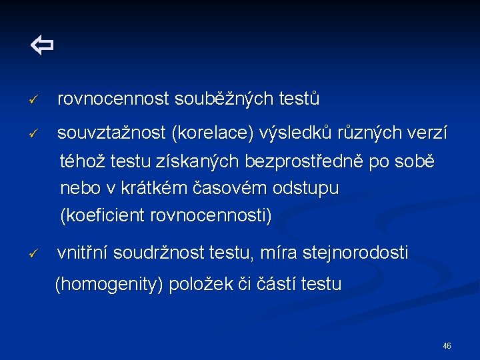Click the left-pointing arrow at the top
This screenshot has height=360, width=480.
pyautogui.click(x=41, y=46)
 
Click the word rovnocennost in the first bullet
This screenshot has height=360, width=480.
pyautogui.click(x=113, y=99)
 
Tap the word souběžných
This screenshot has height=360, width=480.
pyautogui.click(x=223, y=99)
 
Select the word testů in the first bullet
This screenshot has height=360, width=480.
pyautogui.click(x=299, y=99)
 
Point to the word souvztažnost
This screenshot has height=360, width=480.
pyautogui.click(x=111, y=134)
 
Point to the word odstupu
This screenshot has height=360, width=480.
pyautogui.click(x=306, y=189)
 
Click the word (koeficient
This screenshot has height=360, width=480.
pyautogui.click(x=103, y=216)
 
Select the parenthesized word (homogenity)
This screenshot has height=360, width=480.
pyautogui.click(x=109, y=285)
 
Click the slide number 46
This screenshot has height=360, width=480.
pyautogui.click(x=447, y=346)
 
